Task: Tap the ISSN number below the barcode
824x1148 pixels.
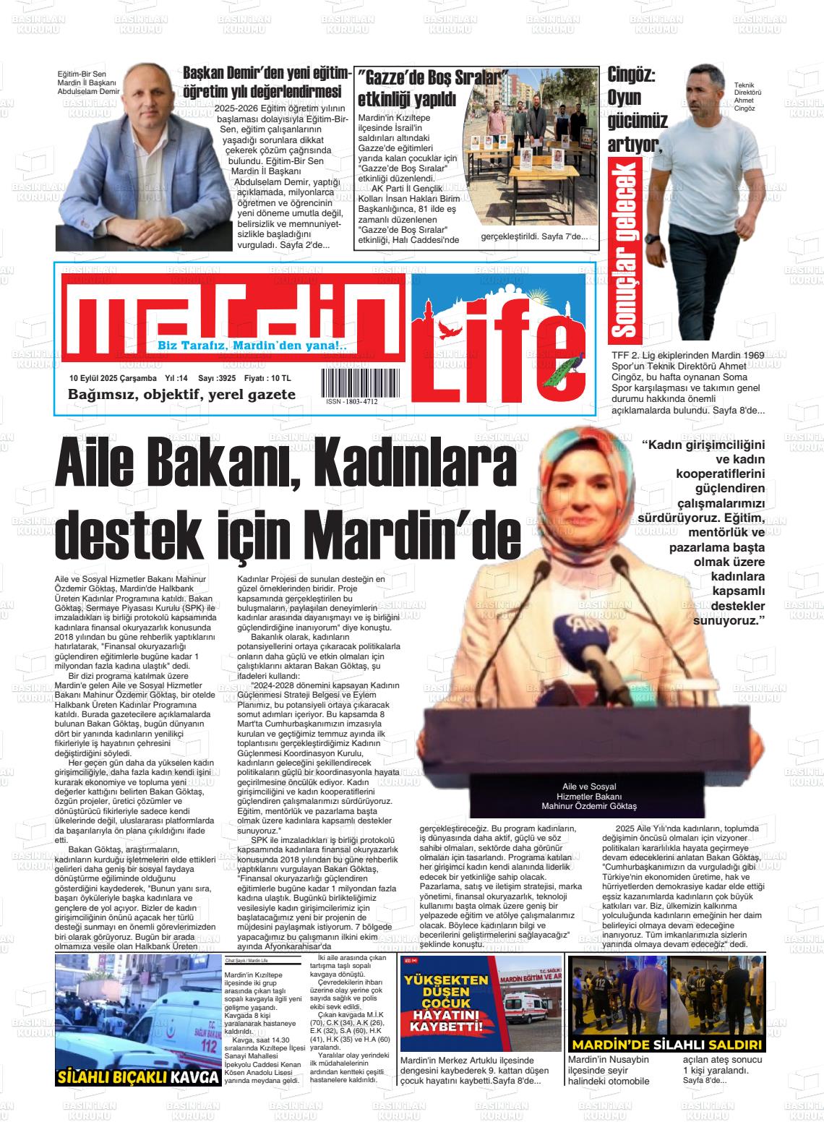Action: pos(351,401)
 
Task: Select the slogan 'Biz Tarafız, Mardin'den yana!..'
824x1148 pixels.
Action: pos(252,346)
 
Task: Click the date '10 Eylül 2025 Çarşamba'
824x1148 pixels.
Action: pos(113,378)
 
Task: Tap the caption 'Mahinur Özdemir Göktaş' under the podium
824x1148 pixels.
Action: pos(589,806)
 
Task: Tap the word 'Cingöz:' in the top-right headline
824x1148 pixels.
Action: pos(632,74)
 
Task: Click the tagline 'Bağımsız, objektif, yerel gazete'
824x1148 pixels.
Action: pos(181,395)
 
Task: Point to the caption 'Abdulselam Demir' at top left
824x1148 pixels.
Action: pos(89,92)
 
